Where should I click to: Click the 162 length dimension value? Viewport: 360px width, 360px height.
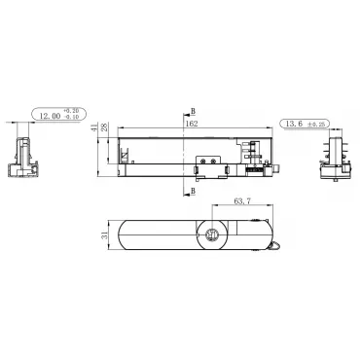coord(192,124)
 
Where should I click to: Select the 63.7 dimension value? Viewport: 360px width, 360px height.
coord(242,201)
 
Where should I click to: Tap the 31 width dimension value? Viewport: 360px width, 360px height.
coord(104,235)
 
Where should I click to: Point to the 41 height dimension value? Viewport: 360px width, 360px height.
coord(94,127)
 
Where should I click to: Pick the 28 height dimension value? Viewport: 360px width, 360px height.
coord(104,127)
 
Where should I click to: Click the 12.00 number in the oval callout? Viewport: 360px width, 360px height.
coord(50,116)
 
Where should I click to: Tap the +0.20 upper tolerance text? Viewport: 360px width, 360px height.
coord(71,111)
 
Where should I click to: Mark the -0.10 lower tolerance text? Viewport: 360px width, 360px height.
coord(71,117)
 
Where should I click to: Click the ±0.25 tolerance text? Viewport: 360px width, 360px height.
coord(317,124)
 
